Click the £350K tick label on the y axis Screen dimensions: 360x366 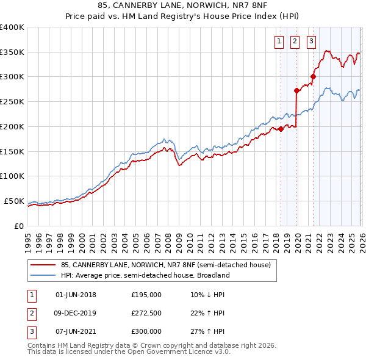point(12,52)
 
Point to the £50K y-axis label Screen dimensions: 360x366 point(14,201)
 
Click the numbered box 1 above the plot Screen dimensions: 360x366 point(279,41)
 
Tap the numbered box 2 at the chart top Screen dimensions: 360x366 point(295,41)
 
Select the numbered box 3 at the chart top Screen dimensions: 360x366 point(311,41)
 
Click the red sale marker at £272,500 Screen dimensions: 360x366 point(296,90)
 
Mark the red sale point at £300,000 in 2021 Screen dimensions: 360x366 point(313,76)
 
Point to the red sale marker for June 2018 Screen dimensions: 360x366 point(281,129)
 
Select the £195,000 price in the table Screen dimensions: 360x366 point(146,294)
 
